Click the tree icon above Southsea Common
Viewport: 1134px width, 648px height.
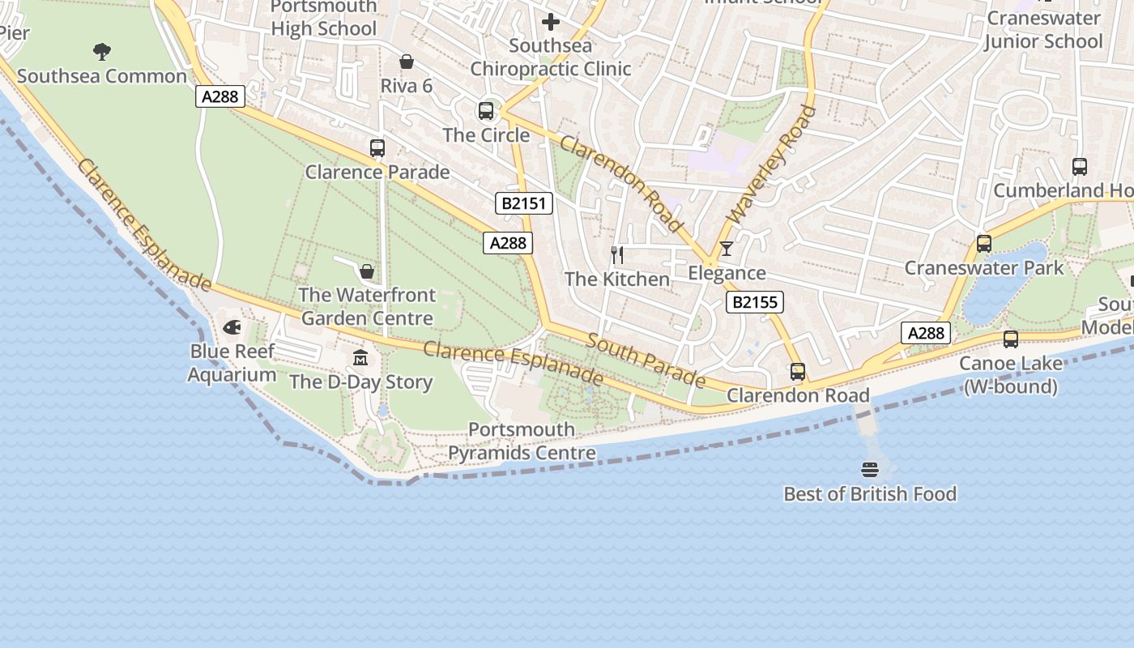[x=102, y=52]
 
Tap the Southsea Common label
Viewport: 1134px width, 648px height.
[x=102, y=76]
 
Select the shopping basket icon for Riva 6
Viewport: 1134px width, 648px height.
[x=407, y=62]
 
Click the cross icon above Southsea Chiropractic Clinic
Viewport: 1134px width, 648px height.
[x=551, y=21]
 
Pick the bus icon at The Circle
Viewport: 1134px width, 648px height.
[x=486, y=111]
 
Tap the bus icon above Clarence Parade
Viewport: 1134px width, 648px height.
[x=377, y=147]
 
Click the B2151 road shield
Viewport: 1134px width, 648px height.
[x=524, y=202]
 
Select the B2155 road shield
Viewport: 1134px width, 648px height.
[x=754, y=303]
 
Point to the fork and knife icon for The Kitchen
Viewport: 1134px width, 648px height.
[x=617, y=255]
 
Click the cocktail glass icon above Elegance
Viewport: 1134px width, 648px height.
[x=727, y=249]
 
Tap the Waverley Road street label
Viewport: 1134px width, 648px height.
[x=771, y=164]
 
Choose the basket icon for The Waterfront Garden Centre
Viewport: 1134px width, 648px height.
[x=367, y=271]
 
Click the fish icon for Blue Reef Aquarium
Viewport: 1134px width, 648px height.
[x=232, y=327]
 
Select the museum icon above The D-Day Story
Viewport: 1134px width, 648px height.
[x=360, y=357]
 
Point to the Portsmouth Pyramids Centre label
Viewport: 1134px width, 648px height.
[x=522, y=441]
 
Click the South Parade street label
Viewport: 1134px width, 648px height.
[x=646, y=360]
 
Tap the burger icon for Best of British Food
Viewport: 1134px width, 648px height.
[x=870, y=470]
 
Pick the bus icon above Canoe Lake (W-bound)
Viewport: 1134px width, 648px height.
[x=1011, y=339]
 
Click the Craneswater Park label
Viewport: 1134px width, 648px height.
[x=984, y=268]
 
